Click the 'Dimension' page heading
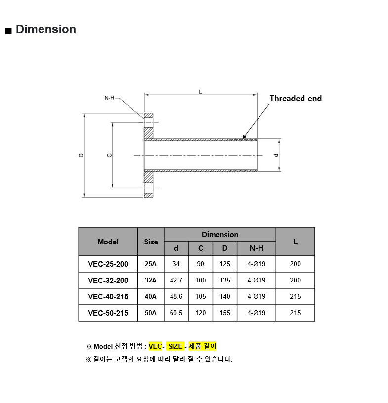coord(46,29)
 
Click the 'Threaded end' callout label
coord(296,98)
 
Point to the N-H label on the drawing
coord(109,98)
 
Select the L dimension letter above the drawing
coord(201,92)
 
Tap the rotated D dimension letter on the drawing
coord(81,155)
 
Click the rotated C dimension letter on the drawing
coord(110,155)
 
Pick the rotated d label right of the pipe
coord(276,155)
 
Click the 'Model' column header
coord(108,242)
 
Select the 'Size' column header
coord(151,242)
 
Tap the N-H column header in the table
coord(257,248)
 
